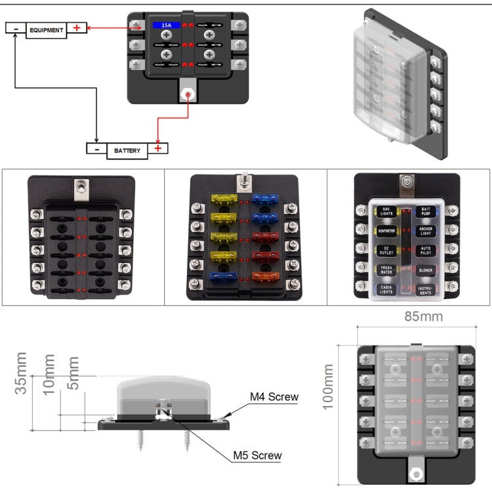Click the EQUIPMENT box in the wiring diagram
(46, 30)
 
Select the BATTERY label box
(127, 150)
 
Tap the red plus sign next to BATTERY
(158, 149)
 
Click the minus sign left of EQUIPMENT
(16, 28)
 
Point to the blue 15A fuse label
(167, 25)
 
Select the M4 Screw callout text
(274, 397)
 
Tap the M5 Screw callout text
(257, 455)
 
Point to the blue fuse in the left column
(223, 277)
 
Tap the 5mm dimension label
(73, 373)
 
